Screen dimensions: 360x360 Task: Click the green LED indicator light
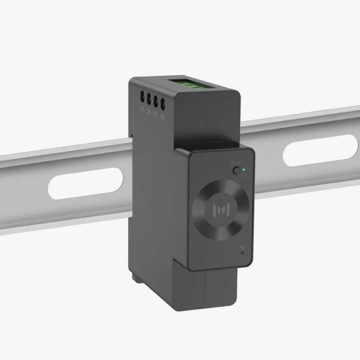[x=244, y=168]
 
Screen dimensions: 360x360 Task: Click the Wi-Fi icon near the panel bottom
[x=241, y=246]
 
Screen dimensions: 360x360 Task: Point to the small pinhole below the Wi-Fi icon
[x=242, y=253]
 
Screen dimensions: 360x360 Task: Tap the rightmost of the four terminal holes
[x=163, y=103]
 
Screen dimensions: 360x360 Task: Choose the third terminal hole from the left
[x=155, y=102]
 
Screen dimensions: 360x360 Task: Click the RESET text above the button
[x=235, y=163]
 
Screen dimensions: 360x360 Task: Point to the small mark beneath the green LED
[x=245, y=175]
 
